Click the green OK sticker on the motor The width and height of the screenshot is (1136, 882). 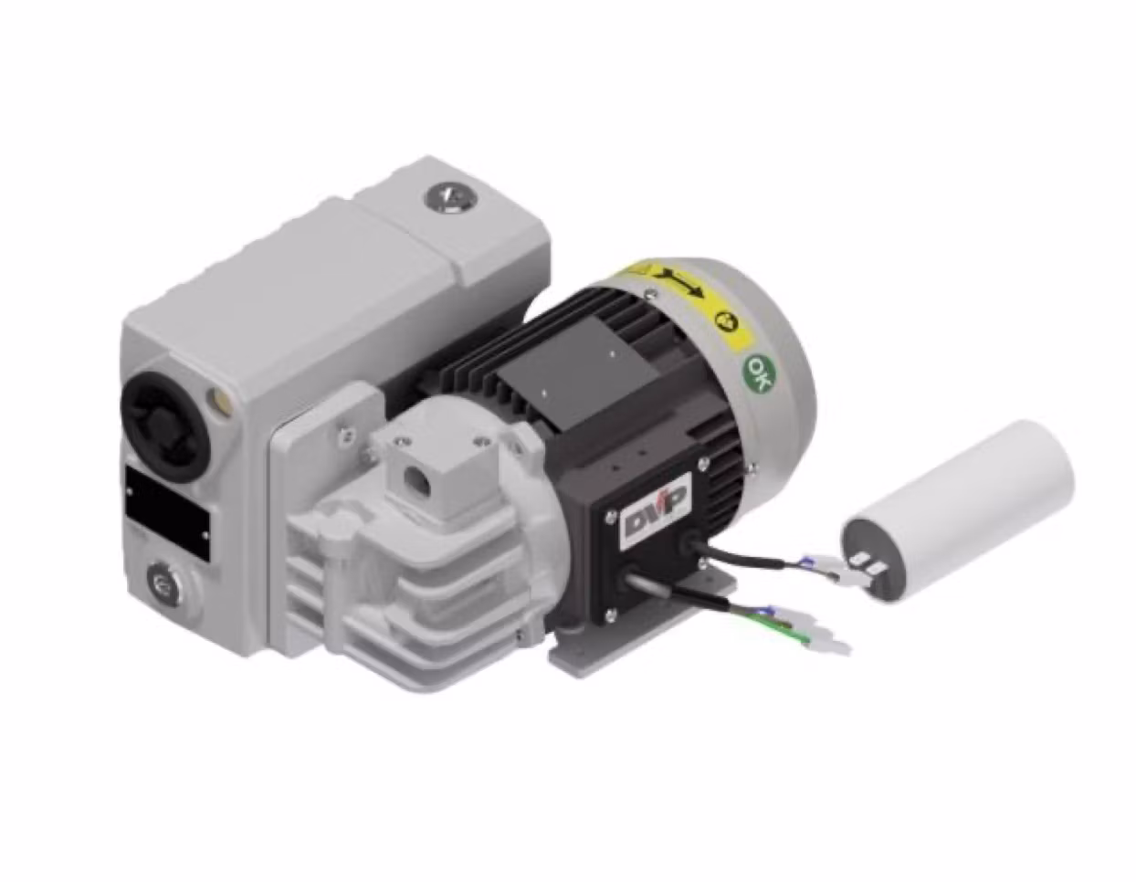tap(757, 371)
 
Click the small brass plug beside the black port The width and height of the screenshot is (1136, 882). tap(219, 399)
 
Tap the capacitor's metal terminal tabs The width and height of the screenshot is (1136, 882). tap(868, 567)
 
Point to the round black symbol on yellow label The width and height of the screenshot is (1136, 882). tap(726, 321)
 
